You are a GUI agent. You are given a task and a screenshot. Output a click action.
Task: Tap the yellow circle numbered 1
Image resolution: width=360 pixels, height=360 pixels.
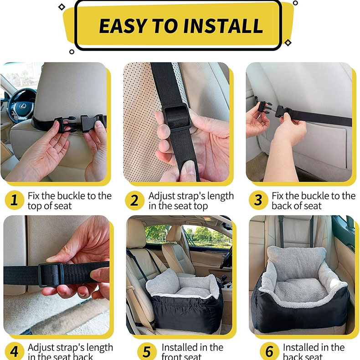point(14,200)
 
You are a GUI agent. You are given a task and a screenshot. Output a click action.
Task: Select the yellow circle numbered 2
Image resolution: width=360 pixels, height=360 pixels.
point(134,200)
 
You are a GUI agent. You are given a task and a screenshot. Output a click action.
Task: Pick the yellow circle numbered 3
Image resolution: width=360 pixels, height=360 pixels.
point(258,200)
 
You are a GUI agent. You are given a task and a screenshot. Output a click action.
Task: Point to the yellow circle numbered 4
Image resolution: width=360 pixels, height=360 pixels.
point(14,351)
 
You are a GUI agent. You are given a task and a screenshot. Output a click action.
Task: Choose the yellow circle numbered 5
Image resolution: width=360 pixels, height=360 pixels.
point(147,351)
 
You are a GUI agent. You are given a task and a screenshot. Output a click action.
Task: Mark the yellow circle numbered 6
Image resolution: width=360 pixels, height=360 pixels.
point(269,351)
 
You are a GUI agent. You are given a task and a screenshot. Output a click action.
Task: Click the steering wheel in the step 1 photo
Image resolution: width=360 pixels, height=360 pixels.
point(21,103)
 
